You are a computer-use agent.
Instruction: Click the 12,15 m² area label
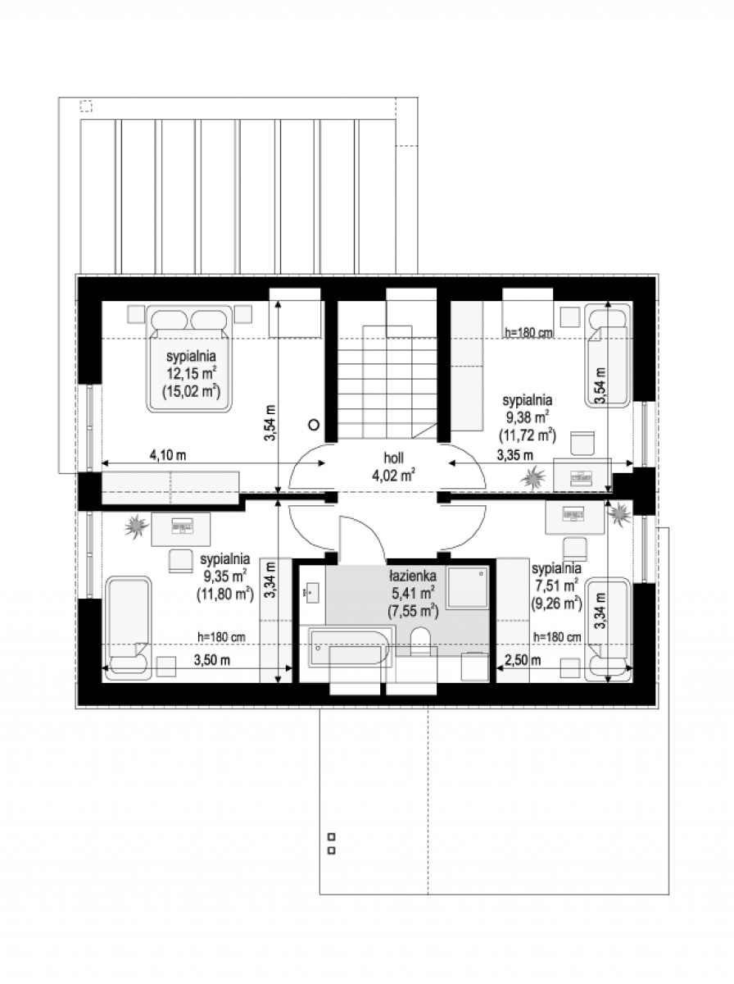(x=192, y=373)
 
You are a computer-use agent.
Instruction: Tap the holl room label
(x=394, y=458)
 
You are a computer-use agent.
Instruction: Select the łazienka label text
(x=412, y=576)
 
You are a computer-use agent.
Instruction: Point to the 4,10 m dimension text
(x=167, y=455)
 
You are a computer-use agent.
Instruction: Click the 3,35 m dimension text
(x=515, y=455)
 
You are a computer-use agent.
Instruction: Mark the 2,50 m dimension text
(x=523, y=660)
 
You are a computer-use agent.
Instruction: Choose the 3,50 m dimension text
(x=212, y=660)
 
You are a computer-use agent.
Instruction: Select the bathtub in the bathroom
(x=351, y=648)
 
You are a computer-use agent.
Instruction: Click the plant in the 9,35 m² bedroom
(x=136, y=526)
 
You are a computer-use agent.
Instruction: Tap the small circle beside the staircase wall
(x=315, y=424)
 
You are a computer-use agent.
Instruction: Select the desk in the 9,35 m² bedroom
(x=180, y=529)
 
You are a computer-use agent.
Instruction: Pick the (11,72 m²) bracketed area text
(x=527, y=435)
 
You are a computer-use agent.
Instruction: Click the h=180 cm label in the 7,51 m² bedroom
(x=558, y=637)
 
